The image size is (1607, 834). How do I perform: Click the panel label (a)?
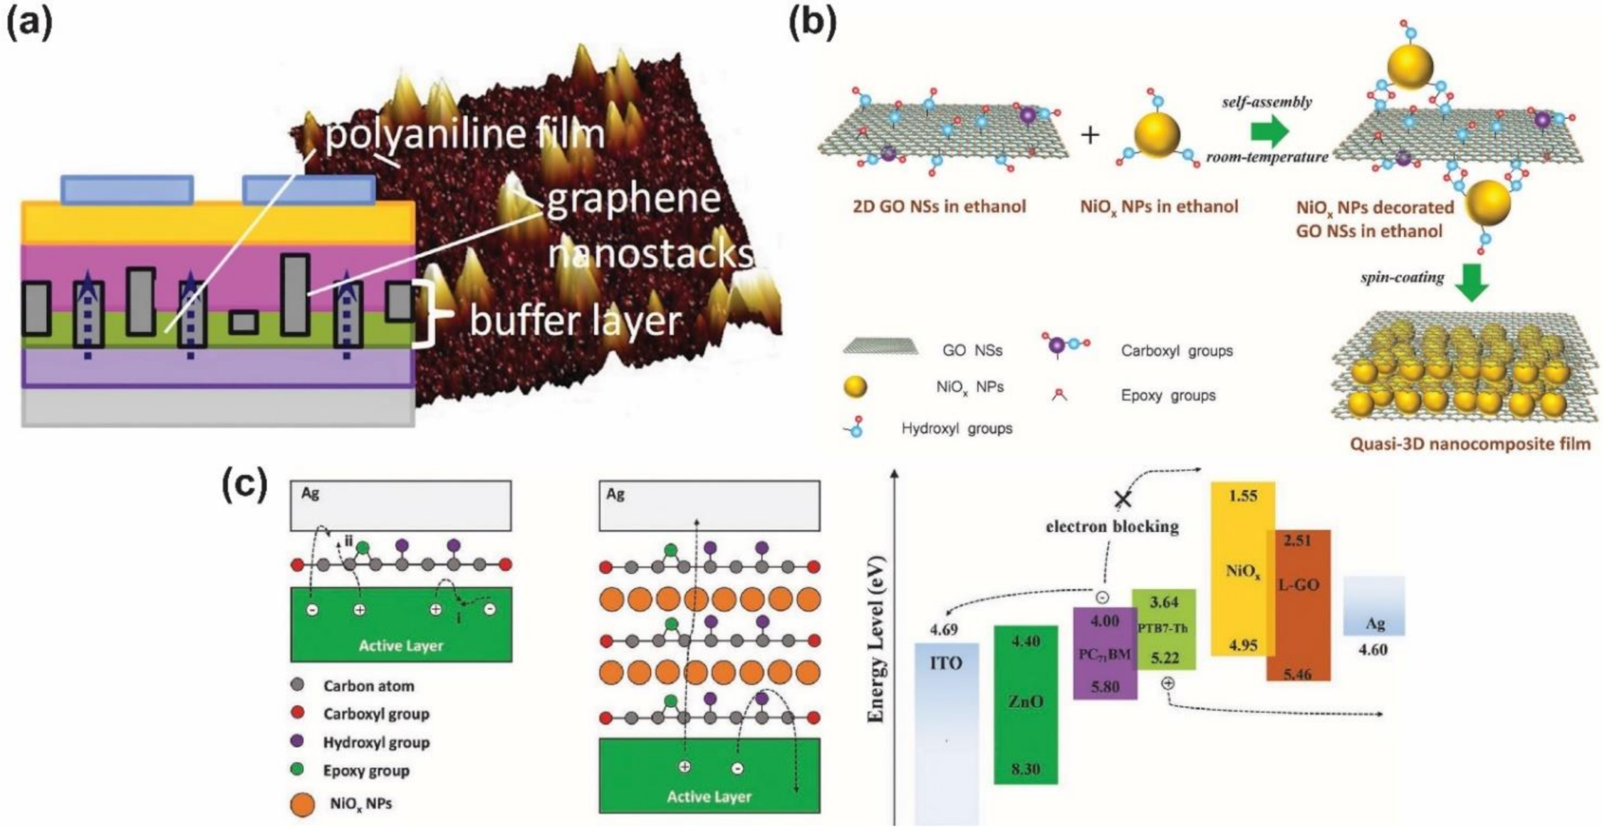click(x=29, y=25)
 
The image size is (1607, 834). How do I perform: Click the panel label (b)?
click(x=812, y=25)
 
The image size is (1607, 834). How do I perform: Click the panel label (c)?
click(x=245, y=484)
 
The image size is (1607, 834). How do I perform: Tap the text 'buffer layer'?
click(x=575, y=320)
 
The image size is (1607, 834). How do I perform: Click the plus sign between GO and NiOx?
click(x=1090, y=135)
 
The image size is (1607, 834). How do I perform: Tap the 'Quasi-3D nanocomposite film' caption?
click(x=1470, y=444)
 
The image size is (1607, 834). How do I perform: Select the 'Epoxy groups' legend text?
click(x=1168, y=395)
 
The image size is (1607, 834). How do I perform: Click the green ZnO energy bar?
click(x=1025, y=703)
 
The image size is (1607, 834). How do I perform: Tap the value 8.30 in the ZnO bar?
click(x=1025, y=768)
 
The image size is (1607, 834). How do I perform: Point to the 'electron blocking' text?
click(x=1112, y=527)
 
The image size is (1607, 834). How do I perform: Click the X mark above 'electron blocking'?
click(x=1123, y=499)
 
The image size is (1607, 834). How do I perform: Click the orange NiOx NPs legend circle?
click(x=303, y=805)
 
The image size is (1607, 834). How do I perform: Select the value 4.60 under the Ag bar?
click(x=1372, y=650)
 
